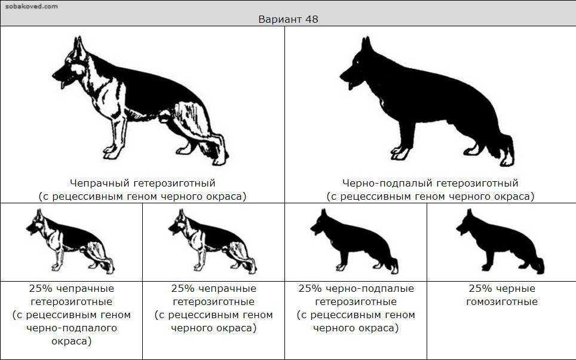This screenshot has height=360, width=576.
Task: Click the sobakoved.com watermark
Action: (x=31, y=6)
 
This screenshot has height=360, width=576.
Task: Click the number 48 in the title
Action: (x=311, y=19)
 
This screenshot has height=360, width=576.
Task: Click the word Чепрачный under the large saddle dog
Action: (x=100, y=183)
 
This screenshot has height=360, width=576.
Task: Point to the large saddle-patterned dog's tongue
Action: (x=63, y=85)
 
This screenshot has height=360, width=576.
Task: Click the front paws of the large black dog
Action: (x=399, y=153)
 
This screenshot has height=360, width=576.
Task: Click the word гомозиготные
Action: (x=501, y=302)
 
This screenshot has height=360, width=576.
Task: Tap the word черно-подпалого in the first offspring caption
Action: (x=71, y=328)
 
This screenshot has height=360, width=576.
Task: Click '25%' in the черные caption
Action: (x=480, y=289)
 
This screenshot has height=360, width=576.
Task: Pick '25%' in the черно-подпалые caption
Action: (x=310, y=289)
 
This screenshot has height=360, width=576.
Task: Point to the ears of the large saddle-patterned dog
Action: (x=79, y=45)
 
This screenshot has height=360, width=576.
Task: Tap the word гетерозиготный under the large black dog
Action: (x=477, y=183)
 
